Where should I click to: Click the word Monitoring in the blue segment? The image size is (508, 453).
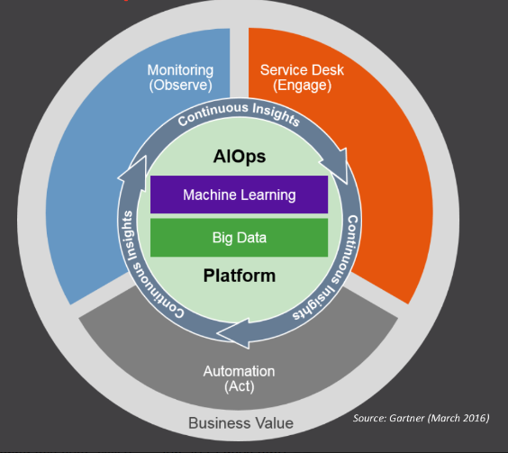(180, 70)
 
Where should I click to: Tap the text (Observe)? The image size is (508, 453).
(180, 86)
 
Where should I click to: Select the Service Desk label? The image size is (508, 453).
(302, 70)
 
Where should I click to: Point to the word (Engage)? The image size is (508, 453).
(302, 86)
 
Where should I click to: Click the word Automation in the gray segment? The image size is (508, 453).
(239, 371)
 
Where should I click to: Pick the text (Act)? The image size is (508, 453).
(240, 386)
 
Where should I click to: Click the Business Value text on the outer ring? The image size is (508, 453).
(240, 423)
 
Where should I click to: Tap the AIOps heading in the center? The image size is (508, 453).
(240, 157)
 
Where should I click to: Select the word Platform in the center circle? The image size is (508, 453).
(240, 276)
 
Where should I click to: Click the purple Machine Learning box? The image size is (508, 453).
(239, 195)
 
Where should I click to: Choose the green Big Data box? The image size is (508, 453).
(239, 238)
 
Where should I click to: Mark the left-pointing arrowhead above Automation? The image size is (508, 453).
(233, 334)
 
